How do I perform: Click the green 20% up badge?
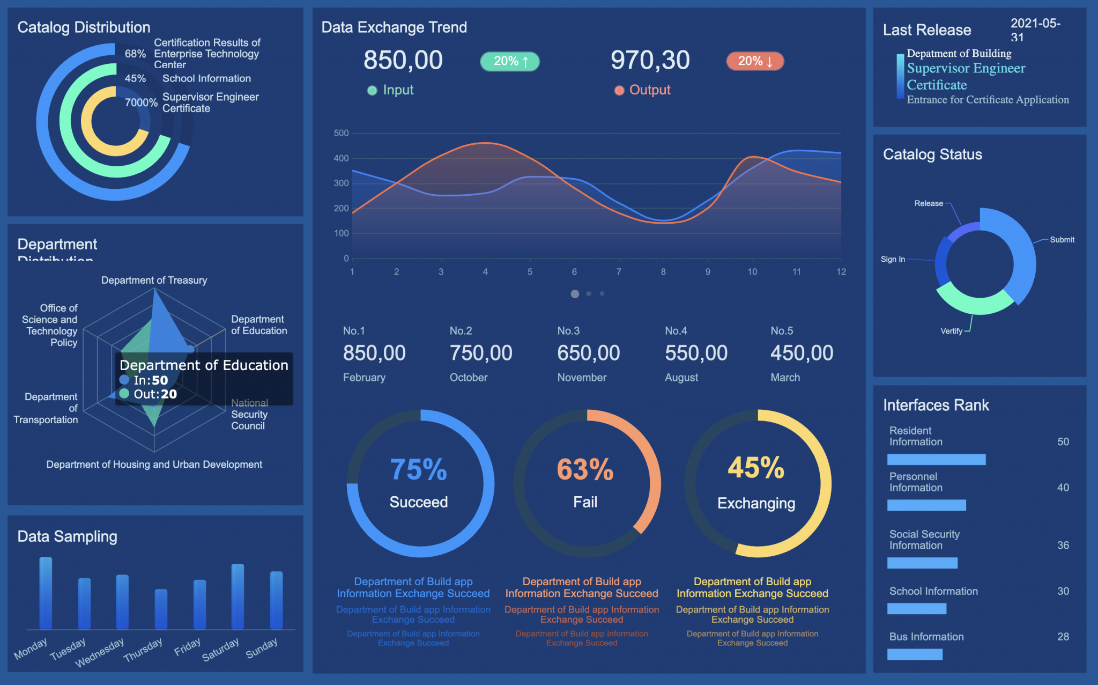coord(509,61)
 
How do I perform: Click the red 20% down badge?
coord(755,61)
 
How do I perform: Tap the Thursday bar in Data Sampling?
coord(161,609)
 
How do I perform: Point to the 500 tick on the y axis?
coord(341,133)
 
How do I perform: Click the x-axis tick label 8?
coord(663,272)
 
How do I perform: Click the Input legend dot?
coord(372,91)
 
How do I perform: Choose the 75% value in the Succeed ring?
coord(418,469)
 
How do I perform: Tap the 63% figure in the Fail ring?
coord(585,469)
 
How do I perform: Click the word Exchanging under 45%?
coord(756,503)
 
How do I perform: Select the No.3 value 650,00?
coord(588,353)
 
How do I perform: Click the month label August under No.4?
coord(681,378)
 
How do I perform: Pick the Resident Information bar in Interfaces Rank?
coord(936,459)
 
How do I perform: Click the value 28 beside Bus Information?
coord(1063,637)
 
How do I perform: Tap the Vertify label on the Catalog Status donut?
coord(951,331)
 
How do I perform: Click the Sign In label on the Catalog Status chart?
coord(893,259)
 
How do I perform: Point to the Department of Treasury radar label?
coord(154,280)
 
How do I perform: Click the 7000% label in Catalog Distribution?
coord(141,102)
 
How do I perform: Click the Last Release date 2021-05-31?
coord(1035,30)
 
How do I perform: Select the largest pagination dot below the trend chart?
coord(575,294)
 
